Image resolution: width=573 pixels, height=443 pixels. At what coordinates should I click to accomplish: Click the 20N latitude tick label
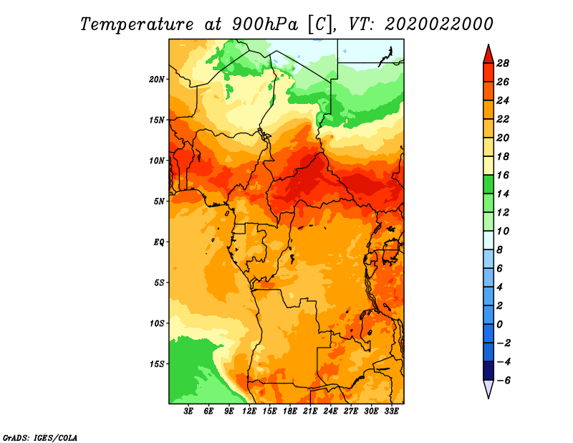[157, 79]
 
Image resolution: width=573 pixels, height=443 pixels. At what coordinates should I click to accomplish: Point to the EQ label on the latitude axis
[159, 242]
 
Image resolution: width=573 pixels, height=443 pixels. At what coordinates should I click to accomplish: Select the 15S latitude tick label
[157, 364]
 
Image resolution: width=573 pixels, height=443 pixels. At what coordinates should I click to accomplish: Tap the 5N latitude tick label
[159, 201]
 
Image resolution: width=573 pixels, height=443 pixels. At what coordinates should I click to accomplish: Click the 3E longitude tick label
[188, 411]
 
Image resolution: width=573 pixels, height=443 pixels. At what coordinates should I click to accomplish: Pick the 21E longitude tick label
[310, 411]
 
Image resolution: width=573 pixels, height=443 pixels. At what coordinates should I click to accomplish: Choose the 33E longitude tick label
[391, 411]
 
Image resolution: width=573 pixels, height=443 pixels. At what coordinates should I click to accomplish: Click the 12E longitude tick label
[249, 411]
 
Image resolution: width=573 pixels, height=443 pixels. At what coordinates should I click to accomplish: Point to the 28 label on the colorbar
[503, 63]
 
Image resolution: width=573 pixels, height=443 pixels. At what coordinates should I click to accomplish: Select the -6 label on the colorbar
[503, 381]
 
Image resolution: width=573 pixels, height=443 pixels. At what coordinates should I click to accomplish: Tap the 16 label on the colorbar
[503, 175]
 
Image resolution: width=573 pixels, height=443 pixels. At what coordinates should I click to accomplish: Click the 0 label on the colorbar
[499, 325]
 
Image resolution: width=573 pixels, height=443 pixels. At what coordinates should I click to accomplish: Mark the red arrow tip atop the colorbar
[488, 44]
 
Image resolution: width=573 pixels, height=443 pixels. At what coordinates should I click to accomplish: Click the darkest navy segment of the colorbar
[488, 371]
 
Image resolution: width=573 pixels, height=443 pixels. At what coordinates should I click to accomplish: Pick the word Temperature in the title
[136, 24]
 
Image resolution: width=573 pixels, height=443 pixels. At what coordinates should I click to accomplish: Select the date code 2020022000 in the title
[438, 24]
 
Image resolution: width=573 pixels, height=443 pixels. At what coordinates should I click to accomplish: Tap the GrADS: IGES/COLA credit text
[40, 437]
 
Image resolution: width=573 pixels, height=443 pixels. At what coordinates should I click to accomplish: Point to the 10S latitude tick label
[157, 323]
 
